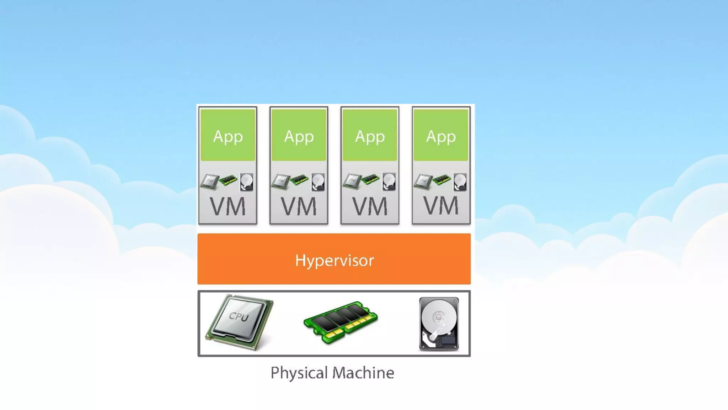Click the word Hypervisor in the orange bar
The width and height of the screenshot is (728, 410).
pyautogui.click(x=334, y=261)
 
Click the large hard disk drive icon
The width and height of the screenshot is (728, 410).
pyautogui.click(x=439, y=324)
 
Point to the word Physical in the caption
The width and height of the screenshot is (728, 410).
pyautogui.click(x=299, y=373)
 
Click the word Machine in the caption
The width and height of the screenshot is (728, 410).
pyautogui.click(x=363, y=373)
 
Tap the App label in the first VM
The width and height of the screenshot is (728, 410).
pyautogui.click(x=228, y=137)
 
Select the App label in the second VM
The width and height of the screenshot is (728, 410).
pyautogui.click(x=299, y=137)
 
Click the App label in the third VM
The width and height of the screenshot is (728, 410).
pyautogui.click(x=370, y=137)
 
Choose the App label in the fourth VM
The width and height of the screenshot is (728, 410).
pyautogui.click(x=441, y=137)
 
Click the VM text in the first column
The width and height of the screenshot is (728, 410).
pyautogui.click(x=228, y=206)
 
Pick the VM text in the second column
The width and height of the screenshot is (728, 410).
pyautogui.click(x=299, y=206)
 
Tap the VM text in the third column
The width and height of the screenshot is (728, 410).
pyautogui.click(x=370, y=206)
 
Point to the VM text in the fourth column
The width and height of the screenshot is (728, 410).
pyautogui.click(x=441, y=206)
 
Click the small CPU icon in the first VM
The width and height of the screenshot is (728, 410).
pyautogui.click(x=209, y=182)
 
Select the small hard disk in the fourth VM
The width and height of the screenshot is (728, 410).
pyautogui.click(x=460, y=182)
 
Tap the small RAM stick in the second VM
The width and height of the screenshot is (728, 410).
pyautogui.click(x=299, y=180)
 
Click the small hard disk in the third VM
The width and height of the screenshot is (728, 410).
pyautogui.click(x=389, y=182)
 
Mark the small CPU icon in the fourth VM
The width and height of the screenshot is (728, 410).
pyautogui.click(x=423, y=182)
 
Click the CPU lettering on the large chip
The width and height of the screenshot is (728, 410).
pyautogui.click(x=239, y=316)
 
